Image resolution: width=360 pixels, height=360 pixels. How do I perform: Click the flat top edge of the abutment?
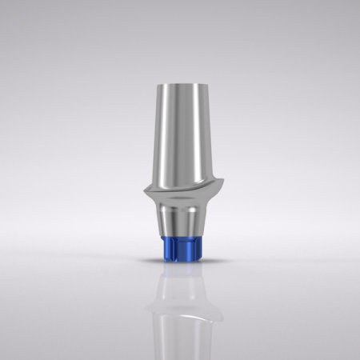180,81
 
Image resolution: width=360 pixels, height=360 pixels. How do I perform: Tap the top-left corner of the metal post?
162,83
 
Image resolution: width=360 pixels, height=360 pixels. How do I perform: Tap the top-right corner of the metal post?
198,83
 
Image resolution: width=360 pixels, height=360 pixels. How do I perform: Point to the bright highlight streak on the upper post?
169,136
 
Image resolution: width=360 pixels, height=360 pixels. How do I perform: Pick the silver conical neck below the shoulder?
180,220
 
